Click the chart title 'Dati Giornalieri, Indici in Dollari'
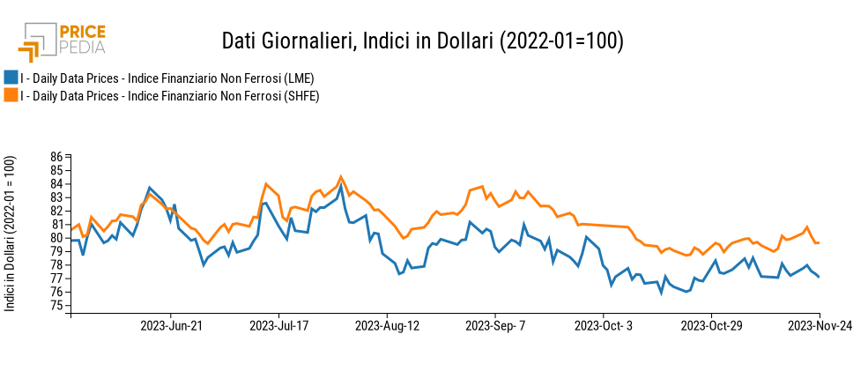point(422,41)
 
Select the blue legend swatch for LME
point(11,77)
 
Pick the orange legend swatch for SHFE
point(11,95)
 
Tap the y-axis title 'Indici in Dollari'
point(11,233)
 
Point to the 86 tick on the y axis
point(56,157)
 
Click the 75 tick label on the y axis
point(56,306)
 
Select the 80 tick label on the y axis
point(56,238)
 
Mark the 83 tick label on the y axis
point(56,197)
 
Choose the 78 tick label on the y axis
point(56,265)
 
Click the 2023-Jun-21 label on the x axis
point(171,326)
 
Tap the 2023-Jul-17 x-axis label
point(278,326)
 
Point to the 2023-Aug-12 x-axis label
point(387,326)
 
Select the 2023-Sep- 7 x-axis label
point(495,326)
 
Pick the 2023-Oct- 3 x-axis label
point(603,326)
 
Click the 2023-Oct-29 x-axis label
point(711,326)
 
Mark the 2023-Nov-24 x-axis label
point(820,326)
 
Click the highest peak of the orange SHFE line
point(341,176)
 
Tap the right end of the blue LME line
point(820,278)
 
